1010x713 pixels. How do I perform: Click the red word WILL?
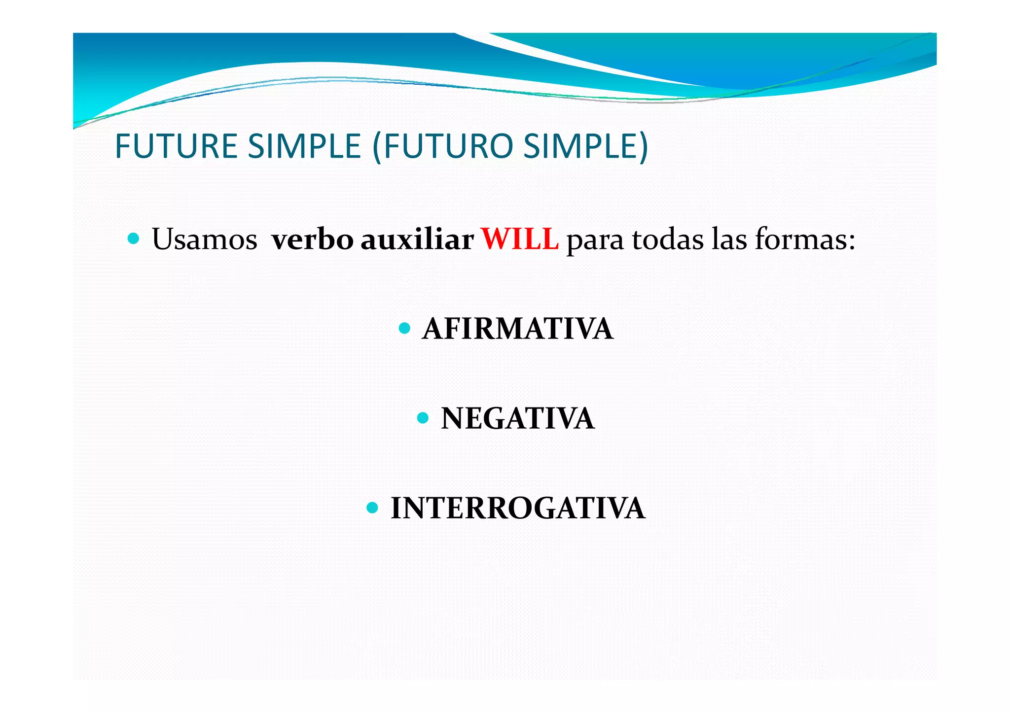519,240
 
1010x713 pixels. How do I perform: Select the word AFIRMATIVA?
517,329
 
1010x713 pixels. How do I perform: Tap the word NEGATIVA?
517,419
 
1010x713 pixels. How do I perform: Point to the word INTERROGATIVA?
517,509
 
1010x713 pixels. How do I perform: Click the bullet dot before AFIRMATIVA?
404,328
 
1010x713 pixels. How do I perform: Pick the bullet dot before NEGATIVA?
423,418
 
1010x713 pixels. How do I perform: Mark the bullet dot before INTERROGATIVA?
372,508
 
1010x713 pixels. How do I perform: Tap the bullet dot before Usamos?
133,239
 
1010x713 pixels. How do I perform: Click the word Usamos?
204,240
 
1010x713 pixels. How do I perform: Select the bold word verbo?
312,240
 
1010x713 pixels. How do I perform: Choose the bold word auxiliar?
417,240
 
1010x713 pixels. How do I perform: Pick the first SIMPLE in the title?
304,146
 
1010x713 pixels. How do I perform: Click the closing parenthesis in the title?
643,147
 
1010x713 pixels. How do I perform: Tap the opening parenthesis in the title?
377,147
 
